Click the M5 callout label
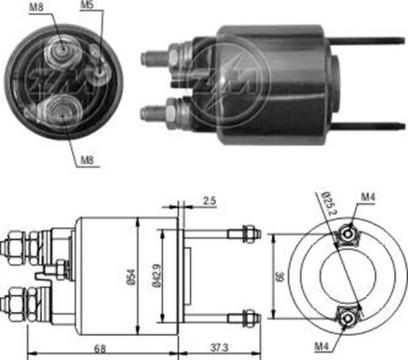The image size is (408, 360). click(86, 5)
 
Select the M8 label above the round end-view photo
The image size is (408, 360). click(38, 7)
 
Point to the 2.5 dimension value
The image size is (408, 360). click(209, 202)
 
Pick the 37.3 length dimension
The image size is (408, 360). click(220, 348)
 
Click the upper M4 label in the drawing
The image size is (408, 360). click(368, 198)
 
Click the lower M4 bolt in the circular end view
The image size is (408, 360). click(347, 317)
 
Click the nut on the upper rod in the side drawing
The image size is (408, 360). click(250, 234)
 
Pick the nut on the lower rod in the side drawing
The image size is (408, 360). click(250, 317)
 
